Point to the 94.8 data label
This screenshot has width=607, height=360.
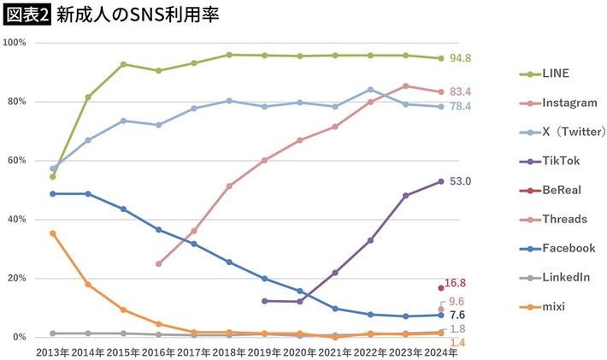[461, 58]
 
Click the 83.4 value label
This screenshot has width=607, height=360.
[461, 91]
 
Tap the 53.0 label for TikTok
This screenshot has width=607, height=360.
[460, 181]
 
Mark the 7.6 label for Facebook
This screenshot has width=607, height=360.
[457, 315]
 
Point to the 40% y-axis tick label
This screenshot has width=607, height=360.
[17, 220]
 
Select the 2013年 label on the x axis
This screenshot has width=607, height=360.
[52, 351]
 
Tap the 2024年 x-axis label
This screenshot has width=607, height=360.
[440, 351]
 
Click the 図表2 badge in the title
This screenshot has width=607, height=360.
[27, 15]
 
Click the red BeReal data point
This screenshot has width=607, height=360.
[441, 288]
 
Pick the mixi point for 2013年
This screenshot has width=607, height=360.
[53, 233]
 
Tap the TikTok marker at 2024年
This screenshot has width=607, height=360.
[441, 181]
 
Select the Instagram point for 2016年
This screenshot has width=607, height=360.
[158, 263]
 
